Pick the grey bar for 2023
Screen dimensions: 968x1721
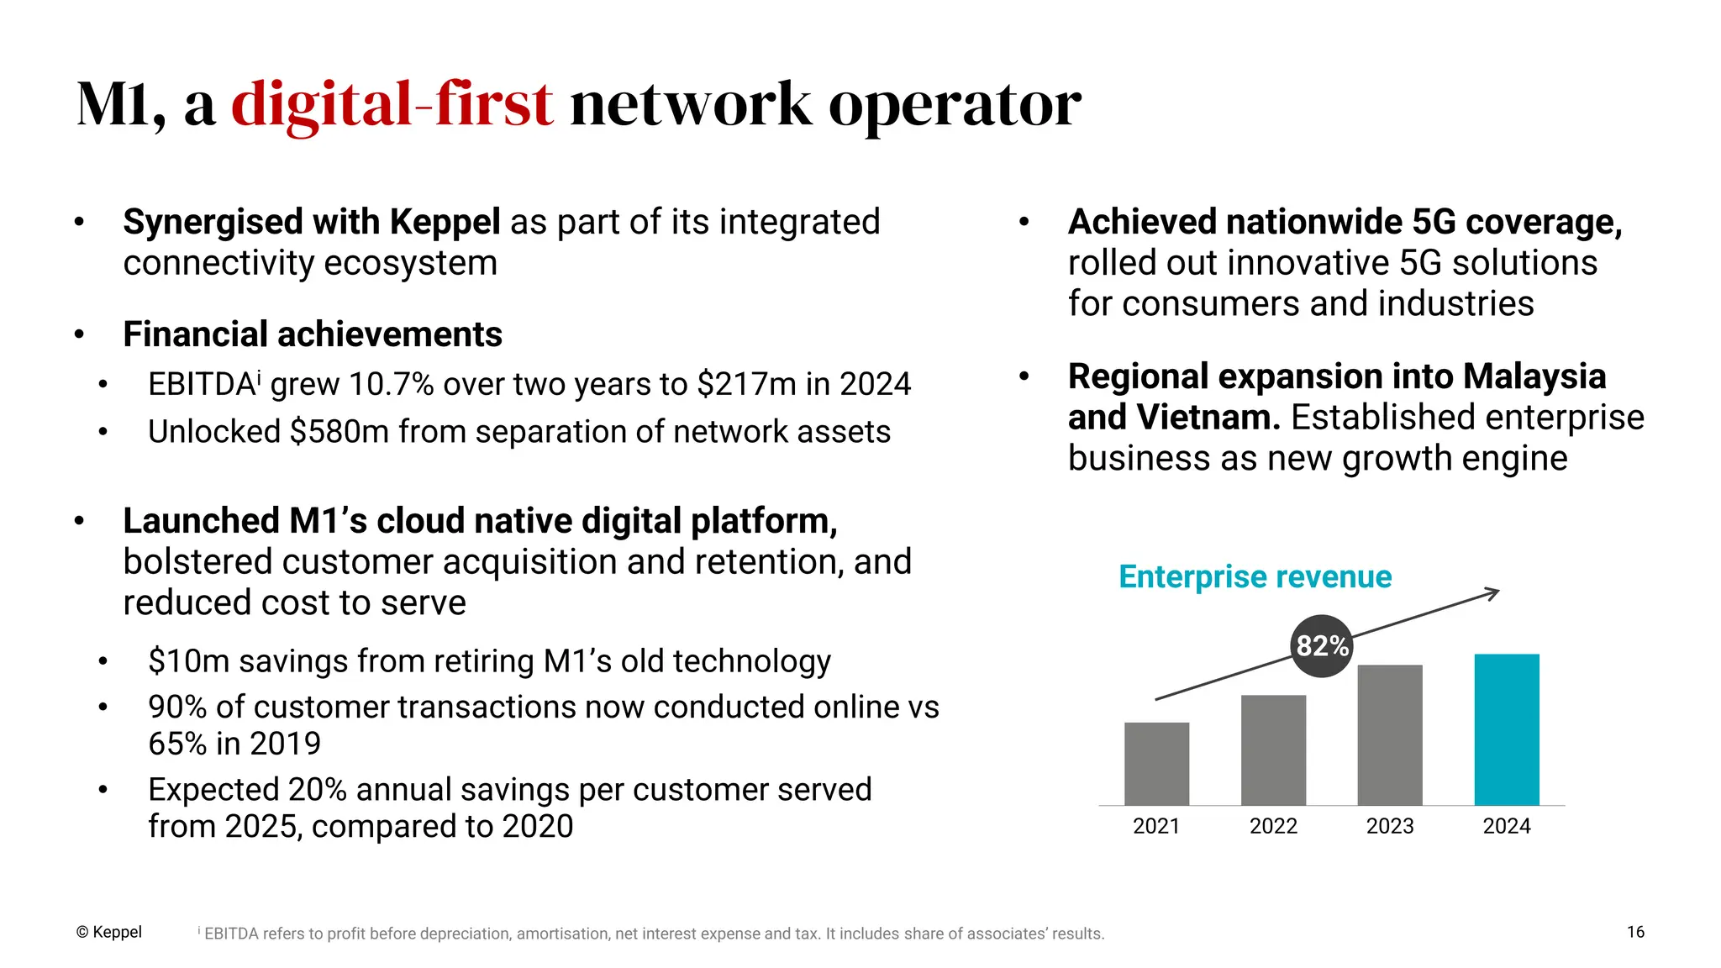[1390, 734]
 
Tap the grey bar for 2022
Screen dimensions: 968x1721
[1273, 750]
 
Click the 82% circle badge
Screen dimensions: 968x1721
[1322, 646]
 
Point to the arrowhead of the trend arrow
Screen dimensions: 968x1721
[1494, 593]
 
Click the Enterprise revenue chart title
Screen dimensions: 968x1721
[1255, 577]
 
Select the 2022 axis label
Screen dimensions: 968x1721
[1273, 826]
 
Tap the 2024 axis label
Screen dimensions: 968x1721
[1507, 826]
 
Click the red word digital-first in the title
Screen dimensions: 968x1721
[392, 105]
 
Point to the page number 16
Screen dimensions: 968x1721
[1635, 932]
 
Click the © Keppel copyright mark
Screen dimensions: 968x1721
[109, 932]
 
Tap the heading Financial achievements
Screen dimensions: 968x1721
[313, 334]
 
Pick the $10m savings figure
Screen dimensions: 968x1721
[188, 661]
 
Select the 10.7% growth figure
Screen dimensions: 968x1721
[391, 385]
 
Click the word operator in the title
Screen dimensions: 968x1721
[955, 105]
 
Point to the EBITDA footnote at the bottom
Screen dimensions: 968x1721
[651, 934]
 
